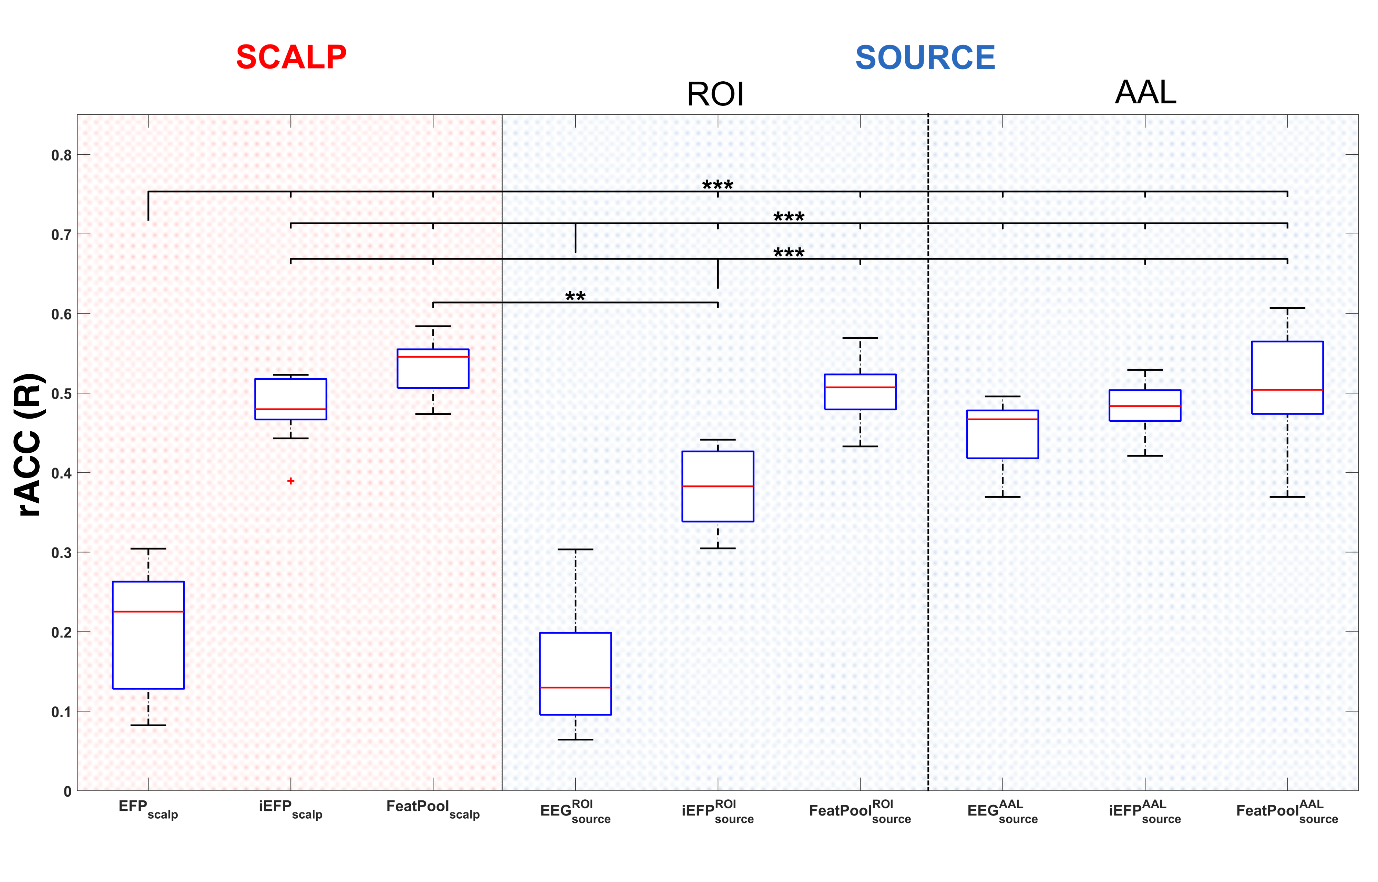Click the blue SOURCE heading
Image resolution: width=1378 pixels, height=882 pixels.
click(925, 57)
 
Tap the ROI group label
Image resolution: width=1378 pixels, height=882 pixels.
click(715, 94)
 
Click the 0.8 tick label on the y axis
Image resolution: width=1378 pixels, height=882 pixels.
click(61, 155)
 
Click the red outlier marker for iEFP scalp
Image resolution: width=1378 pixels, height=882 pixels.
click(291, 481)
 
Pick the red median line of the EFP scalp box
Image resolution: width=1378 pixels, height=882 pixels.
click(148, 612)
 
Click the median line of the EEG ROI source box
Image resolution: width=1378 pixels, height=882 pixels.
click(575, 687)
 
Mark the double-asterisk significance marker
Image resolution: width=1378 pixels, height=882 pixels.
click(575, 297)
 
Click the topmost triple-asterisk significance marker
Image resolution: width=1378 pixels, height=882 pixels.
click(717, 185)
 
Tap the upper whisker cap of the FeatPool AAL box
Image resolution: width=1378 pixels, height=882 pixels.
click(1287, 308)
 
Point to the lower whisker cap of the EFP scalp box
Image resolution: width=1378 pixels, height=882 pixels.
click(148, 725)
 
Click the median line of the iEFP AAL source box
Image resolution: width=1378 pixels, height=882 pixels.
click(1145, 406)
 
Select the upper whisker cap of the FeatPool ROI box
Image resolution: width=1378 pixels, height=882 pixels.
click(860, 338)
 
